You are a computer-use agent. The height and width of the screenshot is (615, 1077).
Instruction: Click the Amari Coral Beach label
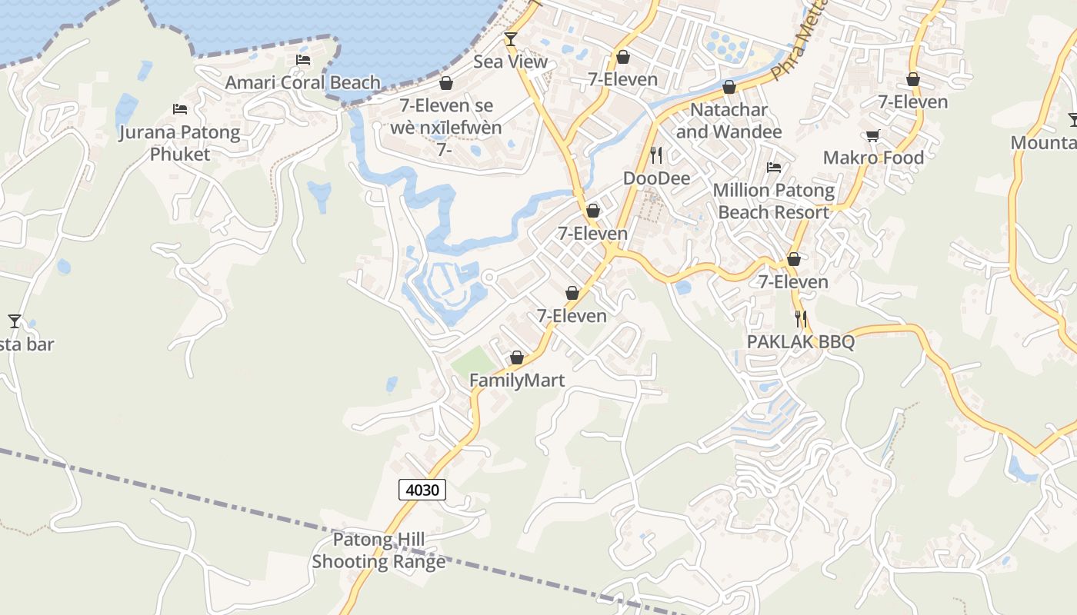(302, 82)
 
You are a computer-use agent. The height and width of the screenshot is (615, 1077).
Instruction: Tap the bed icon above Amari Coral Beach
(303, 60)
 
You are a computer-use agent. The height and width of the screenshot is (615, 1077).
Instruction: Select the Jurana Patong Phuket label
(179, 143)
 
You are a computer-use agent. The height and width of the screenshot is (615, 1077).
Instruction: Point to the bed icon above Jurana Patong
(180, 109)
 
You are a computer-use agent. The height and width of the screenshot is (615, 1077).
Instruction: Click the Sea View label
(510, 61)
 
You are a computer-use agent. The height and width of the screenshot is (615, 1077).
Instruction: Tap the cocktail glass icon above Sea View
(510, 38)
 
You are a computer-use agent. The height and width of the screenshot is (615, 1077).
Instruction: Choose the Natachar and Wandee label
(729, 121)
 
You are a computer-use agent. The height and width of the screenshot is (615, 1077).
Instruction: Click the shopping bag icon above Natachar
(729, 87)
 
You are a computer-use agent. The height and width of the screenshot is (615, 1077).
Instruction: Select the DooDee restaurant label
(656, 178)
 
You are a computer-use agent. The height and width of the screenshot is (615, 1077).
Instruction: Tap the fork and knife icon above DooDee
(656, 155)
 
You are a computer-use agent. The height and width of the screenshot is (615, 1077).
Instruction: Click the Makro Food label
(873, 158)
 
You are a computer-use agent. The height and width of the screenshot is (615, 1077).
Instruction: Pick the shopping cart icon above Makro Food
(872, 135)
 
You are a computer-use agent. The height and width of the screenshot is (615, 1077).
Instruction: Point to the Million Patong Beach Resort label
(774, 201)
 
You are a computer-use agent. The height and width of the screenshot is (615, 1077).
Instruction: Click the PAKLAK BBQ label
(801, 341)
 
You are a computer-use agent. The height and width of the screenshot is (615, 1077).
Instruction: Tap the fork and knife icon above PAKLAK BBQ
(801, 318)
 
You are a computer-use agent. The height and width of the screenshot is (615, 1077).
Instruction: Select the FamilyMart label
(517, 381)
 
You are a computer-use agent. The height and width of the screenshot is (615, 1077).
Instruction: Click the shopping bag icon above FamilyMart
(517, 357)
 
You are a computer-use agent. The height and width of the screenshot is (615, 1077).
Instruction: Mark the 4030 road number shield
(422, 489)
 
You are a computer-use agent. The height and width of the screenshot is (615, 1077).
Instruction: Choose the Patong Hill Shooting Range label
(378, 550)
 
